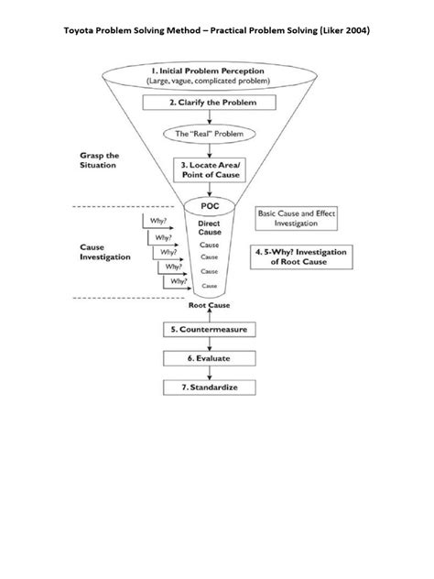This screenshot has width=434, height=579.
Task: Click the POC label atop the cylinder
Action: point(210,206)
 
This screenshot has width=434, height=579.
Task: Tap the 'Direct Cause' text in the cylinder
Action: point(210,227)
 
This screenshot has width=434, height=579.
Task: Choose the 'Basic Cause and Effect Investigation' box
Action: point(294,217)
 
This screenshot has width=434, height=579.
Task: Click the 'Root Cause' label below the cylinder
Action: point(210,306)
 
